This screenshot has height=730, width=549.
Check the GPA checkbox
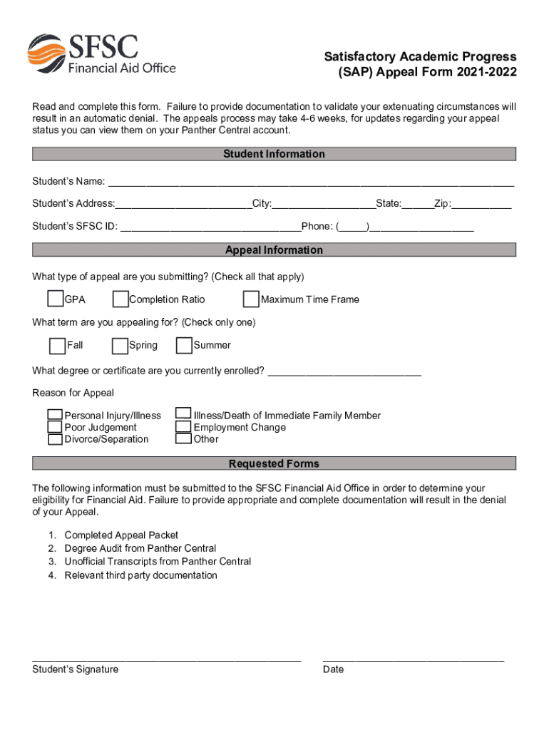56,299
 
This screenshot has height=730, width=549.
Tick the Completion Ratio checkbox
120,299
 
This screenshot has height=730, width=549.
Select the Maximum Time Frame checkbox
251,299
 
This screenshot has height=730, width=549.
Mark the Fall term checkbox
57,346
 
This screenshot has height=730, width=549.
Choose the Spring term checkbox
120,346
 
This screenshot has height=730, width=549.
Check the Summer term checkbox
184,346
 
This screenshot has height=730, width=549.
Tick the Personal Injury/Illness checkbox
55,415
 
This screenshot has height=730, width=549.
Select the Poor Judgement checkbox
55,427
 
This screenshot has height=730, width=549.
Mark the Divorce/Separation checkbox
55,439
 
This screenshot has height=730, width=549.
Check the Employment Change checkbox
184,427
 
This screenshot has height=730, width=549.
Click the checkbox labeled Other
184,439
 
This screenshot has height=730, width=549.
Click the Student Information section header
274,154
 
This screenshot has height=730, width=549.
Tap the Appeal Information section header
274,250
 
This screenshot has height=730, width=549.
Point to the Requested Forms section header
274,464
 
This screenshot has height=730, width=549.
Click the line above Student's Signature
166,660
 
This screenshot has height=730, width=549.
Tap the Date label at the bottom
333,669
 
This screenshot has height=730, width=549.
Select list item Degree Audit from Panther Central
140,548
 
